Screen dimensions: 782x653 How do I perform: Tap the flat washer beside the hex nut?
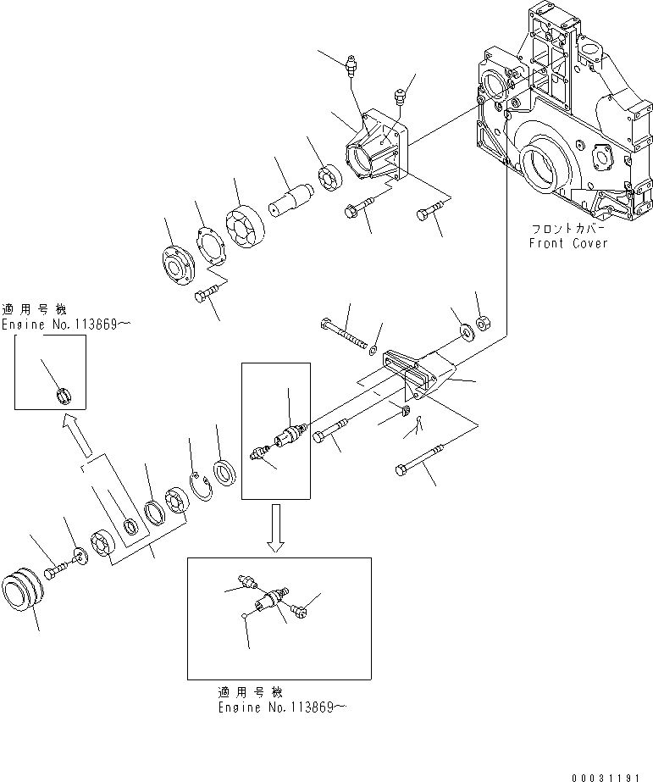464,329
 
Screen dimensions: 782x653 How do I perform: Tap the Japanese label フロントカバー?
566,230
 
